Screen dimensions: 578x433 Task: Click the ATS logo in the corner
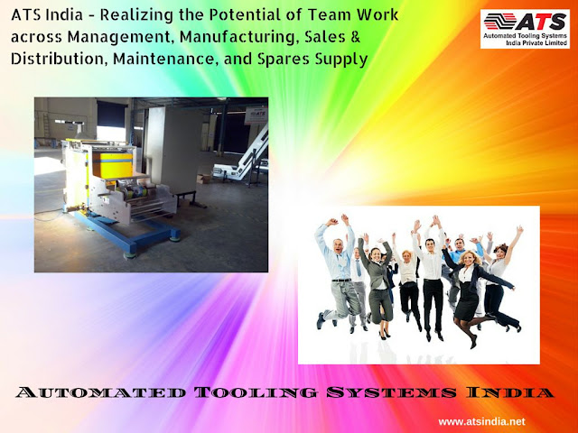coord(525,29)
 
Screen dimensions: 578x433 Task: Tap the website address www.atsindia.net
coord(481,421)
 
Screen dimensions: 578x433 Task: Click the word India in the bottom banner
coord(509,392)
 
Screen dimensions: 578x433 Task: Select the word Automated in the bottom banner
coord(100,392)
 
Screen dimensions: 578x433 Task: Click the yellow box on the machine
coord(112,164)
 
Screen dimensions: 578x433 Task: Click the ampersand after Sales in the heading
coord(355,37)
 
